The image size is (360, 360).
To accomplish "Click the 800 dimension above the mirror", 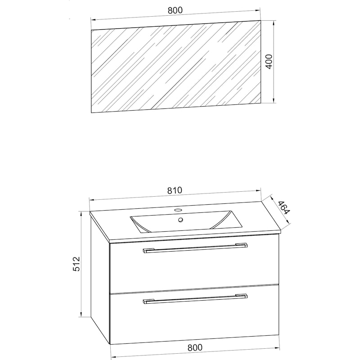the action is [x=175, y=10].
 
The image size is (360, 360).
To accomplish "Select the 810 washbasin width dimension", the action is [x=175, y=190].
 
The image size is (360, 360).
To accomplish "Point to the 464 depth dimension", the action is [x=284, y=207].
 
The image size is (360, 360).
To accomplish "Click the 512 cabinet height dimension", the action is [x=76, y=264].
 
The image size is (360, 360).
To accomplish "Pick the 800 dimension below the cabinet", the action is [x=195, y=347].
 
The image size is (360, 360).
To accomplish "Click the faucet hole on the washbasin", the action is [x=177, y=209].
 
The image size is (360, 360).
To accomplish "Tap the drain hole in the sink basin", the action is [x=181, y=220].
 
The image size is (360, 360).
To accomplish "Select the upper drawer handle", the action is [x=195, y=248].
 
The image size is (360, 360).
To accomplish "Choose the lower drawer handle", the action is [x=195, y=299].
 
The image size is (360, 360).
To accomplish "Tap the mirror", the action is [x=176, y=67].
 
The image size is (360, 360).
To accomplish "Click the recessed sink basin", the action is [x=186, y=221].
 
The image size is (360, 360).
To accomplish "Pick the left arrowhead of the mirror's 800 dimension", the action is [x=93, y=19].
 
